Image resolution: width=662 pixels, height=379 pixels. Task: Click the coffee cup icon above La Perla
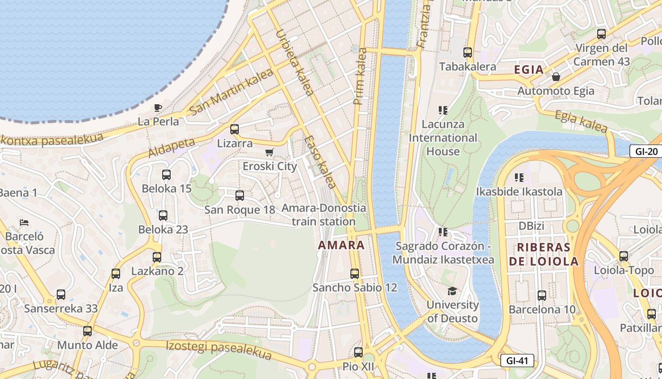tap(158, 108)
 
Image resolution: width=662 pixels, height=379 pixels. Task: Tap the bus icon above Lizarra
tap(235, 129)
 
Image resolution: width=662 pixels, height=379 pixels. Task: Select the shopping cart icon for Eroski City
tap(270, 152)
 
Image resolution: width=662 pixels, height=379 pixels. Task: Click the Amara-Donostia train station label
tap(324, 215)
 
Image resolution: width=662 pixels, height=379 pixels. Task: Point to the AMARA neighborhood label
tap(341, 245)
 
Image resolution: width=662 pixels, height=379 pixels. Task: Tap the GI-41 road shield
tap(517, 361)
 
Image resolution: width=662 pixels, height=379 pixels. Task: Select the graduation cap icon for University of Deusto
tap(453, 291)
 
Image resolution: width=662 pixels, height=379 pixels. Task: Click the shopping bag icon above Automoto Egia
tap(556, 77)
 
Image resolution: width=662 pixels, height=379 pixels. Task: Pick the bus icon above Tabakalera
tap(468, 53)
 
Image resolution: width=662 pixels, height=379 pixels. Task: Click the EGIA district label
tap(529, 70)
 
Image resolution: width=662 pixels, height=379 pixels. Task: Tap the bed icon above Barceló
tap(24, 222)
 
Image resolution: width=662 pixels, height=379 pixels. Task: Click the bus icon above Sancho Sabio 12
tap(355, 273)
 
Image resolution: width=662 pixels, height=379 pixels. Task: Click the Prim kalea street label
tap(360, 76)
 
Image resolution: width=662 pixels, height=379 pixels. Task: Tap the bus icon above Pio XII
tap(358, 352)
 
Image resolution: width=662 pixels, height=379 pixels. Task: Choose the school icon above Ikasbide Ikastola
tap(519, 178)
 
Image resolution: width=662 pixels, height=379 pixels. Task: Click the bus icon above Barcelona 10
tap(542, 296)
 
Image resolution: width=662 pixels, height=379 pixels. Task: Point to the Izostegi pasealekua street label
tap(219, 350)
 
